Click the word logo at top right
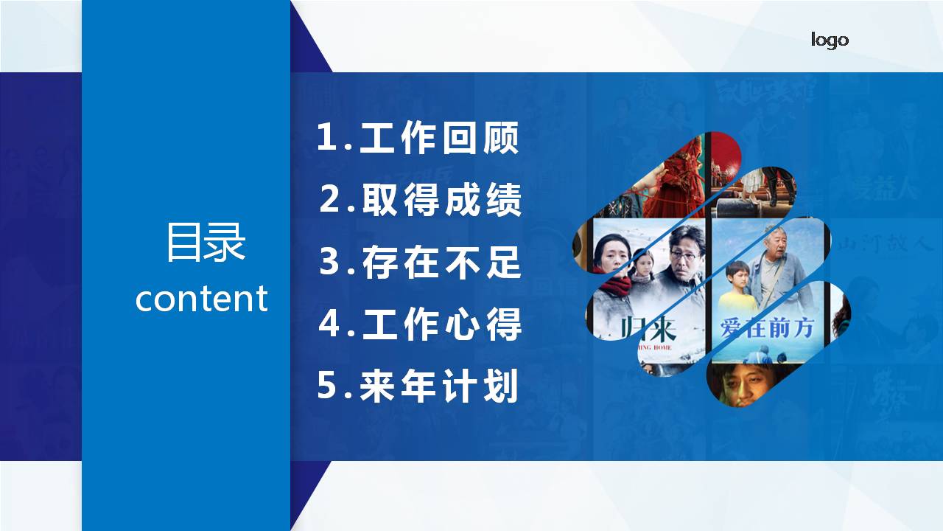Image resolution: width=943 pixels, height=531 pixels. coord(830,40)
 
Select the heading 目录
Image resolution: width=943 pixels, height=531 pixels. coord(205,242)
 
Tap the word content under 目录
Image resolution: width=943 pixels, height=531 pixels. coord(201,299)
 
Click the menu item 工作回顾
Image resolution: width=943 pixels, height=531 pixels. coord(440,138)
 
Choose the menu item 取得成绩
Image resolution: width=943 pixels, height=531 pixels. coord(442,200)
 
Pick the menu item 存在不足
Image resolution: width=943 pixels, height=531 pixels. coord(442,263)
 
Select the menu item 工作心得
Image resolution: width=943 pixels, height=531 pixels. coord(442,324)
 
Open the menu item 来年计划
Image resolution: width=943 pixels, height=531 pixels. coord(440,386)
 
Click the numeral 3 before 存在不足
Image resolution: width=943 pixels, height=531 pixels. coord(329,263)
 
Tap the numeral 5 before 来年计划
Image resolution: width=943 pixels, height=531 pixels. coord(326,386)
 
